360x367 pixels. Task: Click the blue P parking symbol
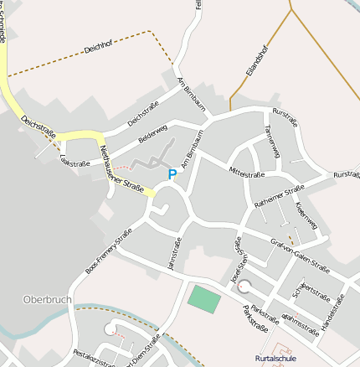point(172,175)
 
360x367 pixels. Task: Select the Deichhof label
point(102,49)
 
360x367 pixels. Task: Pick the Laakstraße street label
point(75,164)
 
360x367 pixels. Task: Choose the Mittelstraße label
point(247,173)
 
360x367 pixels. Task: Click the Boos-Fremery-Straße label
point(109,252)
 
